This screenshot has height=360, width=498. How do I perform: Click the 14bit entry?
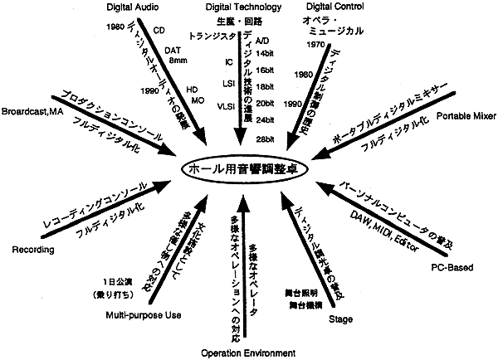tap(266, 54)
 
